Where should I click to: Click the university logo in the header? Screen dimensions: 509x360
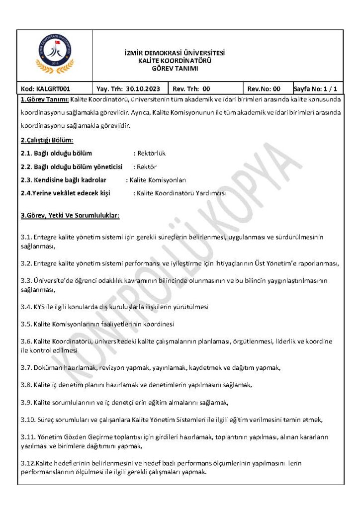55,55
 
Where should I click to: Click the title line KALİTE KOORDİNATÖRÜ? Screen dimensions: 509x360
175,61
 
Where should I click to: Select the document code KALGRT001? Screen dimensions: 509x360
42,89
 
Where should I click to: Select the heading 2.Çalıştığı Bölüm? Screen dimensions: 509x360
47,140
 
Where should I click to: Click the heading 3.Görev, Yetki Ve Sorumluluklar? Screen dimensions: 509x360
70,216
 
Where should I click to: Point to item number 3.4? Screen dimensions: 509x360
26,307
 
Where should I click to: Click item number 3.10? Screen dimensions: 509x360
28,420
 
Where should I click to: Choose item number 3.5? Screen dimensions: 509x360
26,324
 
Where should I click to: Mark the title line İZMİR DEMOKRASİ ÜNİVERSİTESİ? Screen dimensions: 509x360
175,53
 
